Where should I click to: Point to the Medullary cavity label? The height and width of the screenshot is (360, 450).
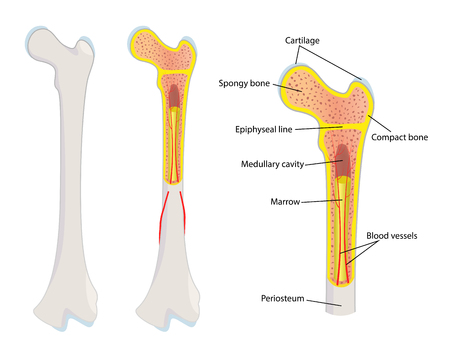[273, 163]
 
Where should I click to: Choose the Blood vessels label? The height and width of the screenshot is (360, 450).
[391, 236]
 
